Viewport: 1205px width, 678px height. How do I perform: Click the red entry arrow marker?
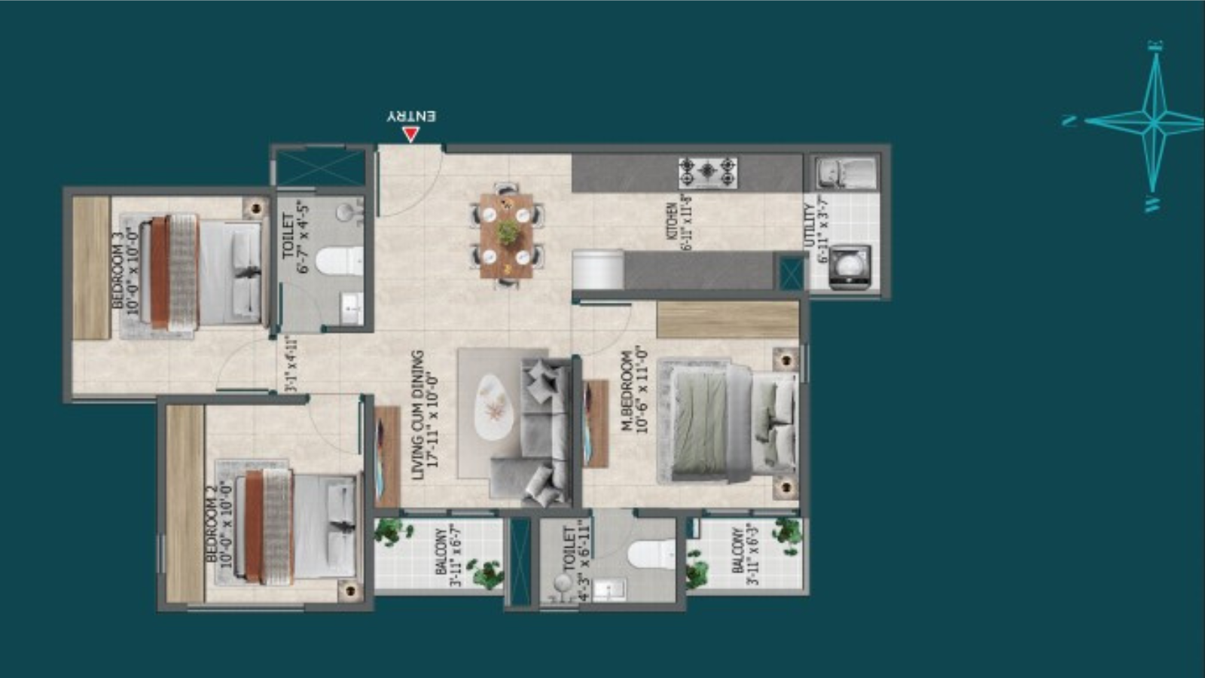click(x=410, y=134)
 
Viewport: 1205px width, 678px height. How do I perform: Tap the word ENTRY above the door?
click(x=411, y=116)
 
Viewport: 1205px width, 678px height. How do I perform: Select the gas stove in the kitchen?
click(x=707, y=173)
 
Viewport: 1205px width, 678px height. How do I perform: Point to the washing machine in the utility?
click(x=849, y=267)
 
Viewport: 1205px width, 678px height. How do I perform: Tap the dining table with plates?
click(x=507, y=234)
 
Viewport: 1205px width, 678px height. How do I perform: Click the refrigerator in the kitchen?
click(x=598, y=270)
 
